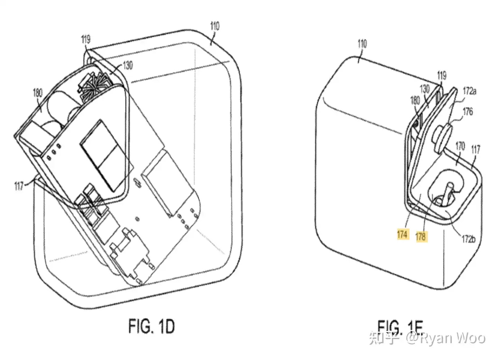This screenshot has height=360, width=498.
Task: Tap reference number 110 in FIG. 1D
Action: click(x=215, y=27)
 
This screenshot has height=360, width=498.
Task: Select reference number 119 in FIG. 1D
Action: click(x=86, y=40)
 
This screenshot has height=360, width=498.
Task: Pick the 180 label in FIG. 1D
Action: click(x=37, y=93)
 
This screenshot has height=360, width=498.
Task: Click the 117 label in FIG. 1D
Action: click(x=19, y=186)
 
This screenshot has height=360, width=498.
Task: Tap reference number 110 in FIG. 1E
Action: click(x=362, y=44)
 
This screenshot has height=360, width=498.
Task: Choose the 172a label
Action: click(x=470, y=92)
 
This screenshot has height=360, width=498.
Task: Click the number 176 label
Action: click(x=468, y=111)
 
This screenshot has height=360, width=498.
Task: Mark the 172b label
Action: click(x=469, y=239)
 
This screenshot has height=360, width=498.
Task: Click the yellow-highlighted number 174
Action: click(x=402, y=235)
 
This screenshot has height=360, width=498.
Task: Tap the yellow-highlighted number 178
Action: click(x=421, y=236)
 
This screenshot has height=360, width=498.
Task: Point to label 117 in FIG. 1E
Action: click(x=476, y=149)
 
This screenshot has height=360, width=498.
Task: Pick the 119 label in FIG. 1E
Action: click(x=442, y=75)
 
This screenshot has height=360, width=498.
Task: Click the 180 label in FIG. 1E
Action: click(x=415, y=101)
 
